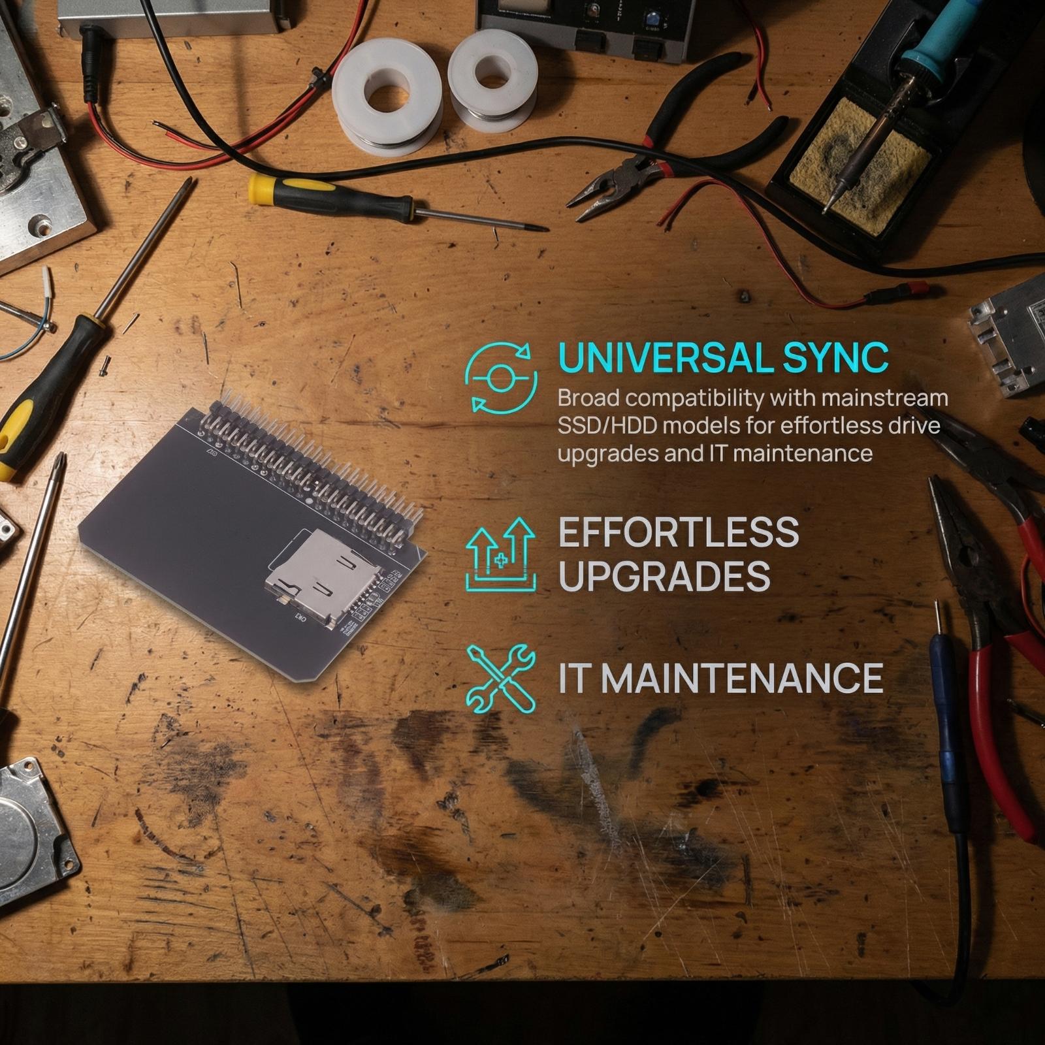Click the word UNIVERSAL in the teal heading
666,358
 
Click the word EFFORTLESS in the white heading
679,532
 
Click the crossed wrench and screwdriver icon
501,678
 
